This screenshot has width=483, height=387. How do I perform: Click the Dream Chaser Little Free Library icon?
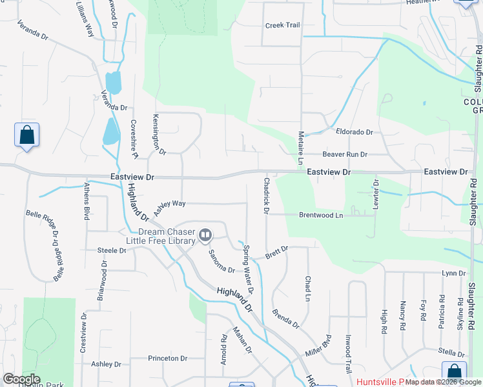point(205,235)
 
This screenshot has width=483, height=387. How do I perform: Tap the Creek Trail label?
point(283,25)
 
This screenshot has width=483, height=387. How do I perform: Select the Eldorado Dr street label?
point(355,132)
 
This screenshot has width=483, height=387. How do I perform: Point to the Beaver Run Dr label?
point(345,155)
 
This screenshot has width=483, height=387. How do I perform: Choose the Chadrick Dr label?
point(265,193)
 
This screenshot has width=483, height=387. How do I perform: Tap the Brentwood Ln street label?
point(320,215)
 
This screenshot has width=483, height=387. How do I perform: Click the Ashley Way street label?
point(170,204)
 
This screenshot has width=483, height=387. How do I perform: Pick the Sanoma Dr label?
point(220,261)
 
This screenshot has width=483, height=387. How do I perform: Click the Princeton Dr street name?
point(167,358)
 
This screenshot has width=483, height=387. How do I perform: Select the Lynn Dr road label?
point(453,273)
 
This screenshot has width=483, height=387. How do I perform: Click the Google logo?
point(21,379)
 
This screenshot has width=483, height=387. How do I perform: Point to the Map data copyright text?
point(443,382)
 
